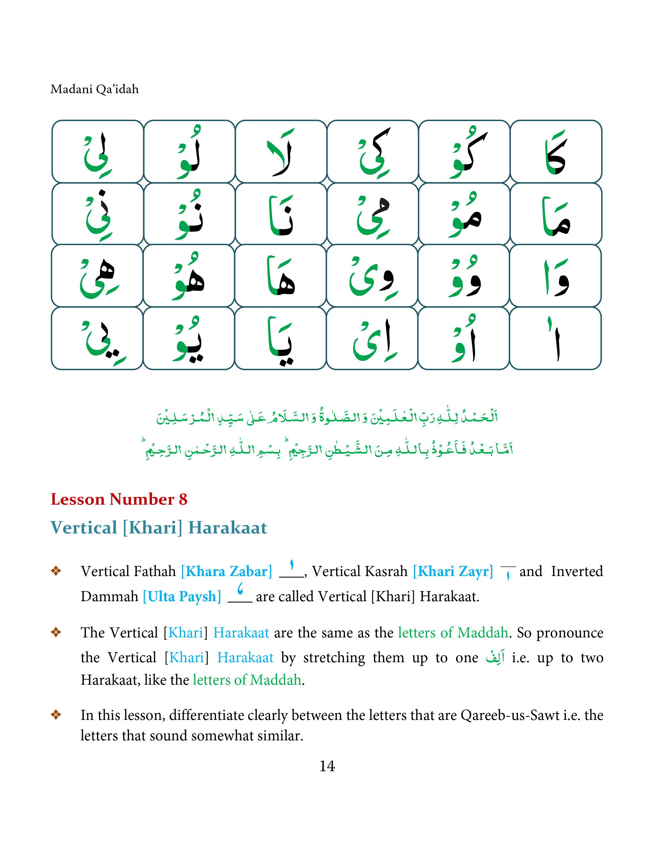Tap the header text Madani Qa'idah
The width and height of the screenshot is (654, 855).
(95, 90)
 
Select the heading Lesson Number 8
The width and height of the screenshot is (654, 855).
(119, 499)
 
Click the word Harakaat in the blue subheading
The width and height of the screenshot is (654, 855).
(228, 528)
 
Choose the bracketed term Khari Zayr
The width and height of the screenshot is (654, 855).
(453, 571)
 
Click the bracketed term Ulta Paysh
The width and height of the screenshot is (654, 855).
(182, 596)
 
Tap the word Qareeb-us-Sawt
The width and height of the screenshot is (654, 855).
(510, 715)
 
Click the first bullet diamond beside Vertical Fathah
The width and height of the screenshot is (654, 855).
(56, 571)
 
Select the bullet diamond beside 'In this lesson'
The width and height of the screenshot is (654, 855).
(56, 715)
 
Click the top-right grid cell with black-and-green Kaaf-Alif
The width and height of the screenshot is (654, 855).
(556, 152)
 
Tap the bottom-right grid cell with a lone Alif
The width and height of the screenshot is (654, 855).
(555, 338)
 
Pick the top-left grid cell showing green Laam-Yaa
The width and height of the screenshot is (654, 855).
(97, 152)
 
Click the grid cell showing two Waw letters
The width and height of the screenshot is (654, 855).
(464, 276)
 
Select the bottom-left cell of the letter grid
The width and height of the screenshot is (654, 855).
(97, 338)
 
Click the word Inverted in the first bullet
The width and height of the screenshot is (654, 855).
(577, 571)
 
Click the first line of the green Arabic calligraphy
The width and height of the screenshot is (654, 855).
(327, 417)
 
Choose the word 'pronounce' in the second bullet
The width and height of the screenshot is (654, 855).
(570, 633)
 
